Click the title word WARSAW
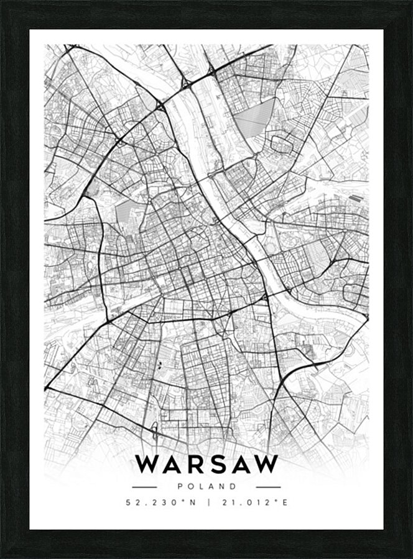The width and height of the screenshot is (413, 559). coord(206,464)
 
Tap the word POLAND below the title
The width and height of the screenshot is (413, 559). coord(206,487)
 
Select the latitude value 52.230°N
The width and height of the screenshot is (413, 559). coord(159,502)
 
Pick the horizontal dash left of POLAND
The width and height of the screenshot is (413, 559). coord(144,487)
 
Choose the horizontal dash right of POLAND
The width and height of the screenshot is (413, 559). coord(268,487)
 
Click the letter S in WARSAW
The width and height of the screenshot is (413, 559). coord(215,464)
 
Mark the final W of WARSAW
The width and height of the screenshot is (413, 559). coord(266,464)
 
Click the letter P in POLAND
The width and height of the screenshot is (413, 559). coord(179,487)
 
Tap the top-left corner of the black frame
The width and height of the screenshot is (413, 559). coord(2,2)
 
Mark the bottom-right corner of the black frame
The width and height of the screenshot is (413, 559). coord(410,556)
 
